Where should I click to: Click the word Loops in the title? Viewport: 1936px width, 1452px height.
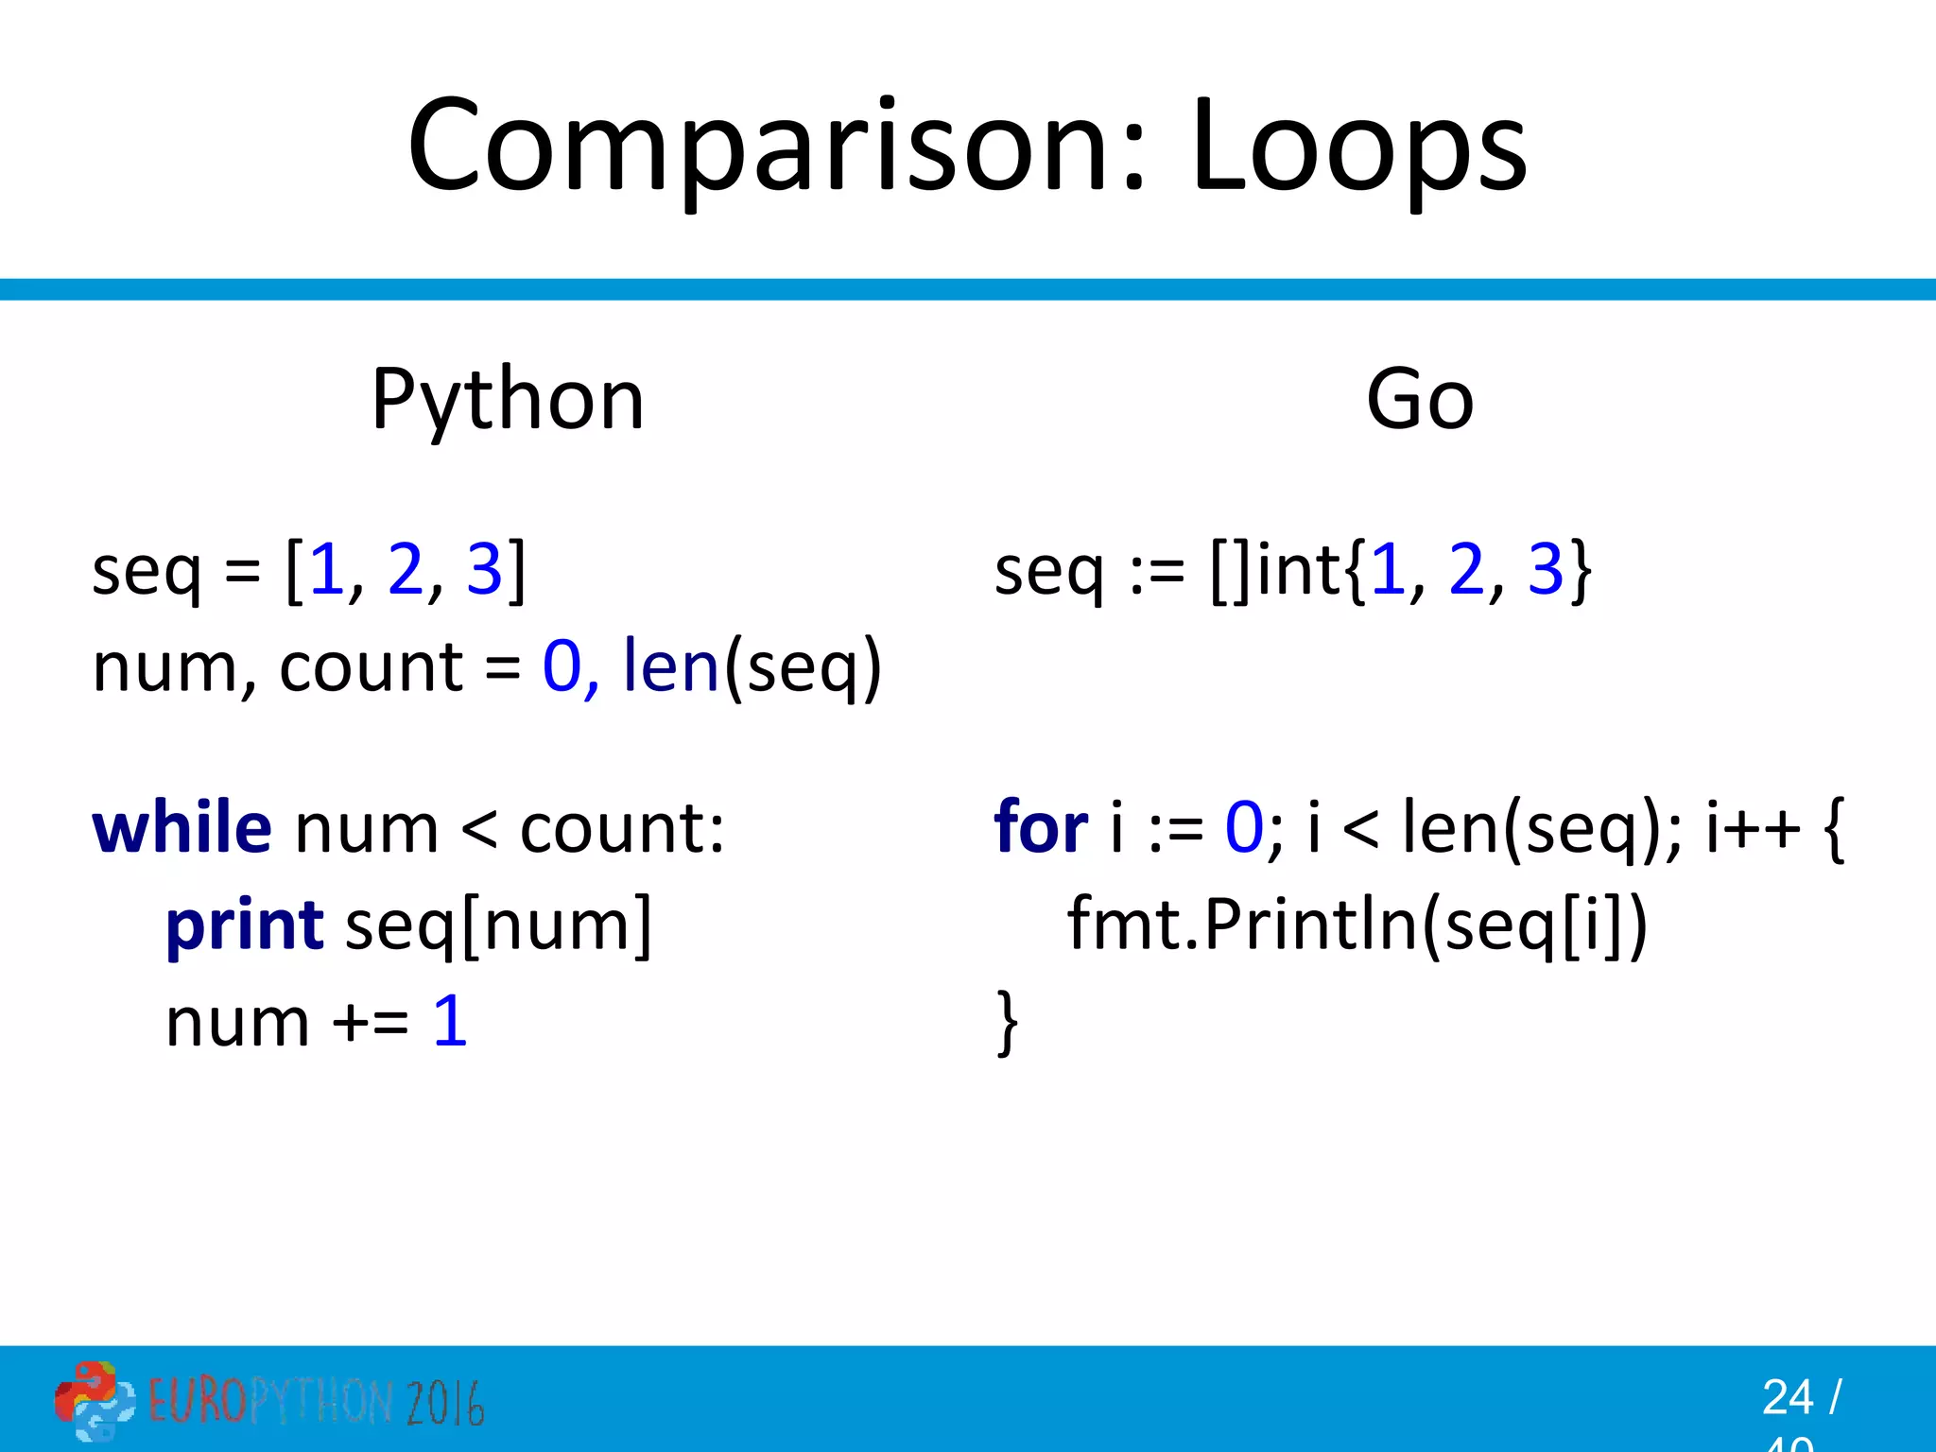click(x=1357, y=147)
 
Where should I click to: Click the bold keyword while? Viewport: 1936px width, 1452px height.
click(x=181, y=828)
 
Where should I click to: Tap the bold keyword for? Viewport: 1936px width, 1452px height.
click(x=1041, y=828)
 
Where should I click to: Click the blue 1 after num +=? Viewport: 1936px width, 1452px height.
click(x=450, y=1022)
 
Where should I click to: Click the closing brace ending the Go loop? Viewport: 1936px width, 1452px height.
click(x=1008, y=1022)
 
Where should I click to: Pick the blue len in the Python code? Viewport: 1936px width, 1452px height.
click(x=671, y=667)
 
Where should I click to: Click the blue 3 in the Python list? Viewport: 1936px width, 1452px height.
click(x=484, y=570)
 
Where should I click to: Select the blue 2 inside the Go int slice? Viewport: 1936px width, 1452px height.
click(x=1466, y=570)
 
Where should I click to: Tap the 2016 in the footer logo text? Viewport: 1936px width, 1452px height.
click(x=445, y=1403)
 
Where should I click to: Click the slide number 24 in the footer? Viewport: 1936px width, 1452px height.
click(x=1787, y=1397)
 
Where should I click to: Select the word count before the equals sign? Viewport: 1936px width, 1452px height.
click(x=371, y=667)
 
